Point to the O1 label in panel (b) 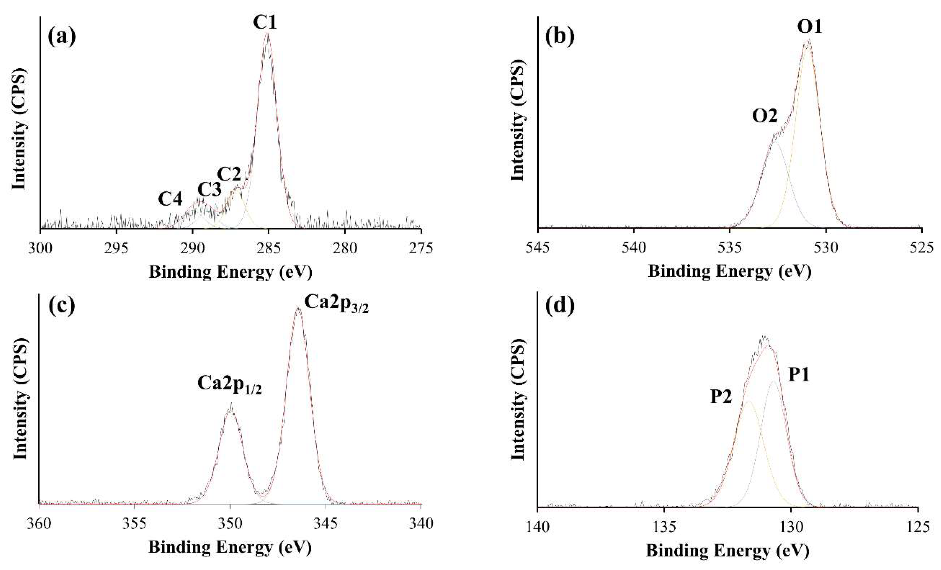point(809,27)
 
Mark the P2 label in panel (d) point(721,397)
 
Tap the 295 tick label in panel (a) point(117,248)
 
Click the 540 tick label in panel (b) point(634,248)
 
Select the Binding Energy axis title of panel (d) point(727,551)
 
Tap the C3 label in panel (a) point(209,189)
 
